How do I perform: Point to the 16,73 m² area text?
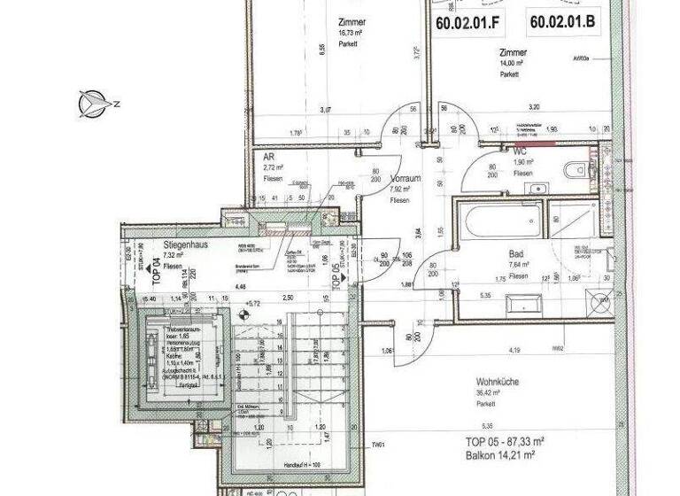tap(352, 35)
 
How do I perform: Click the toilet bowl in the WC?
tap(578, 167)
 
